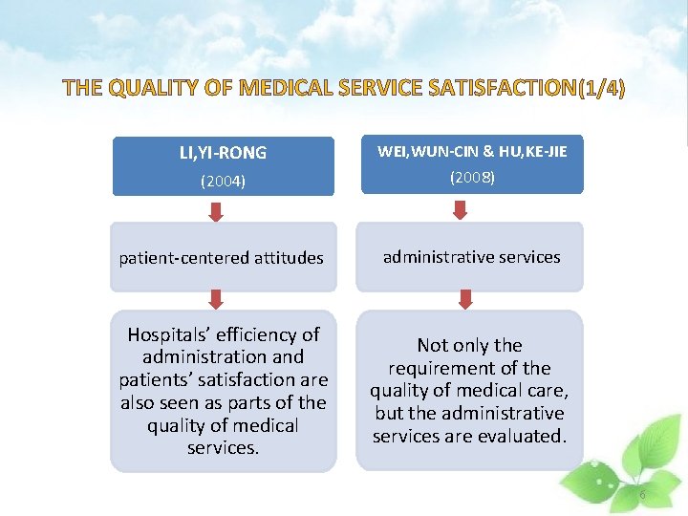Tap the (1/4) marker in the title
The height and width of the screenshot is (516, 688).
click(x=602, y=90)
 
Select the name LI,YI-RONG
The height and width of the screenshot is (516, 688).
click(x=224, y=153)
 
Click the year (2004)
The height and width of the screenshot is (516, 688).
click(x=224, y=181)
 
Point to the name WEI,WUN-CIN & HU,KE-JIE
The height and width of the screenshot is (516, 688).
click(x=472, y=151)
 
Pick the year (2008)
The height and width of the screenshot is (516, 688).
click(x=472, y=178)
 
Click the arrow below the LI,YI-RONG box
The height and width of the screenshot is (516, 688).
click(x=216, y=210)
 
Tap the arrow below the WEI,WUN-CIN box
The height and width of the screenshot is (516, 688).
click(x=465, y=210)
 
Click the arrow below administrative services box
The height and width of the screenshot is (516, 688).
click(x=465, y=299)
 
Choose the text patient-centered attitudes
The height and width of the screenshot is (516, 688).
click(x=221, y=258)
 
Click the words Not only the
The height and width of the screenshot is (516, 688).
click(x=469, y=345)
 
